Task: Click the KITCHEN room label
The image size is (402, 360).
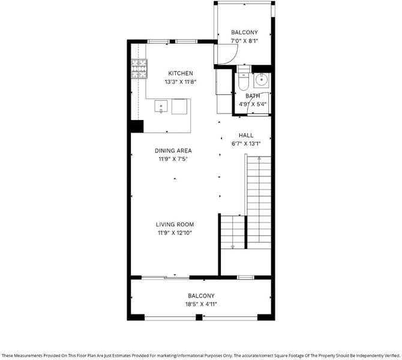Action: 181,73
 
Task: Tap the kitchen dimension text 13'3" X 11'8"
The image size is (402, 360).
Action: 181,82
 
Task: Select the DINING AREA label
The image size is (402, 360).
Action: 173,151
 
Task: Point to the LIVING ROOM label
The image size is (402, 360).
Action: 175,224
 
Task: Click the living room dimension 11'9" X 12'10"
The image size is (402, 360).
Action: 175,233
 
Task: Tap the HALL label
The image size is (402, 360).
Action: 246,136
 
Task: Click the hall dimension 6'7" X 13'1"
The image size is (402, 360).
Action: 246,144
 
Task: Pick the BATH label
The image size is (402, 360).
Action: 253,96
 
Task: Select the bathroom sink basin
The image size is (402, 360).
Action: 261,79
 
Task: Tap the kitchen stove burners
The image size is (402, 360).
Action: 139,68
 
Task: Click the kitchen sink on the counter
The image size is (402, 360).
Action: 161,106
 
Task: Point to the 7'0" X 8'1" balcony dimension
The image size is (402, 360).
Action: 244,41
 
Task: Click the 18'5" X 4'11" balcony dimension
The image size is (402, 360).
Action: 201,304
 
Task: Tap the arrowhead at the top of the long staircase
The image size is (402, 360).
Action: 259,159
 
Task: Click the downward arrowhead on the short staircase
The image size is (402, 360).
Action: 233,247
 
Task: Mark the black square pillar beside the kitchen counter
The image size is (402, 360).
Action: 137,126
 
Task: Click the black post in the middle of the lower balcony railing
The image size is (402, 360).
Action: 199,317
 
